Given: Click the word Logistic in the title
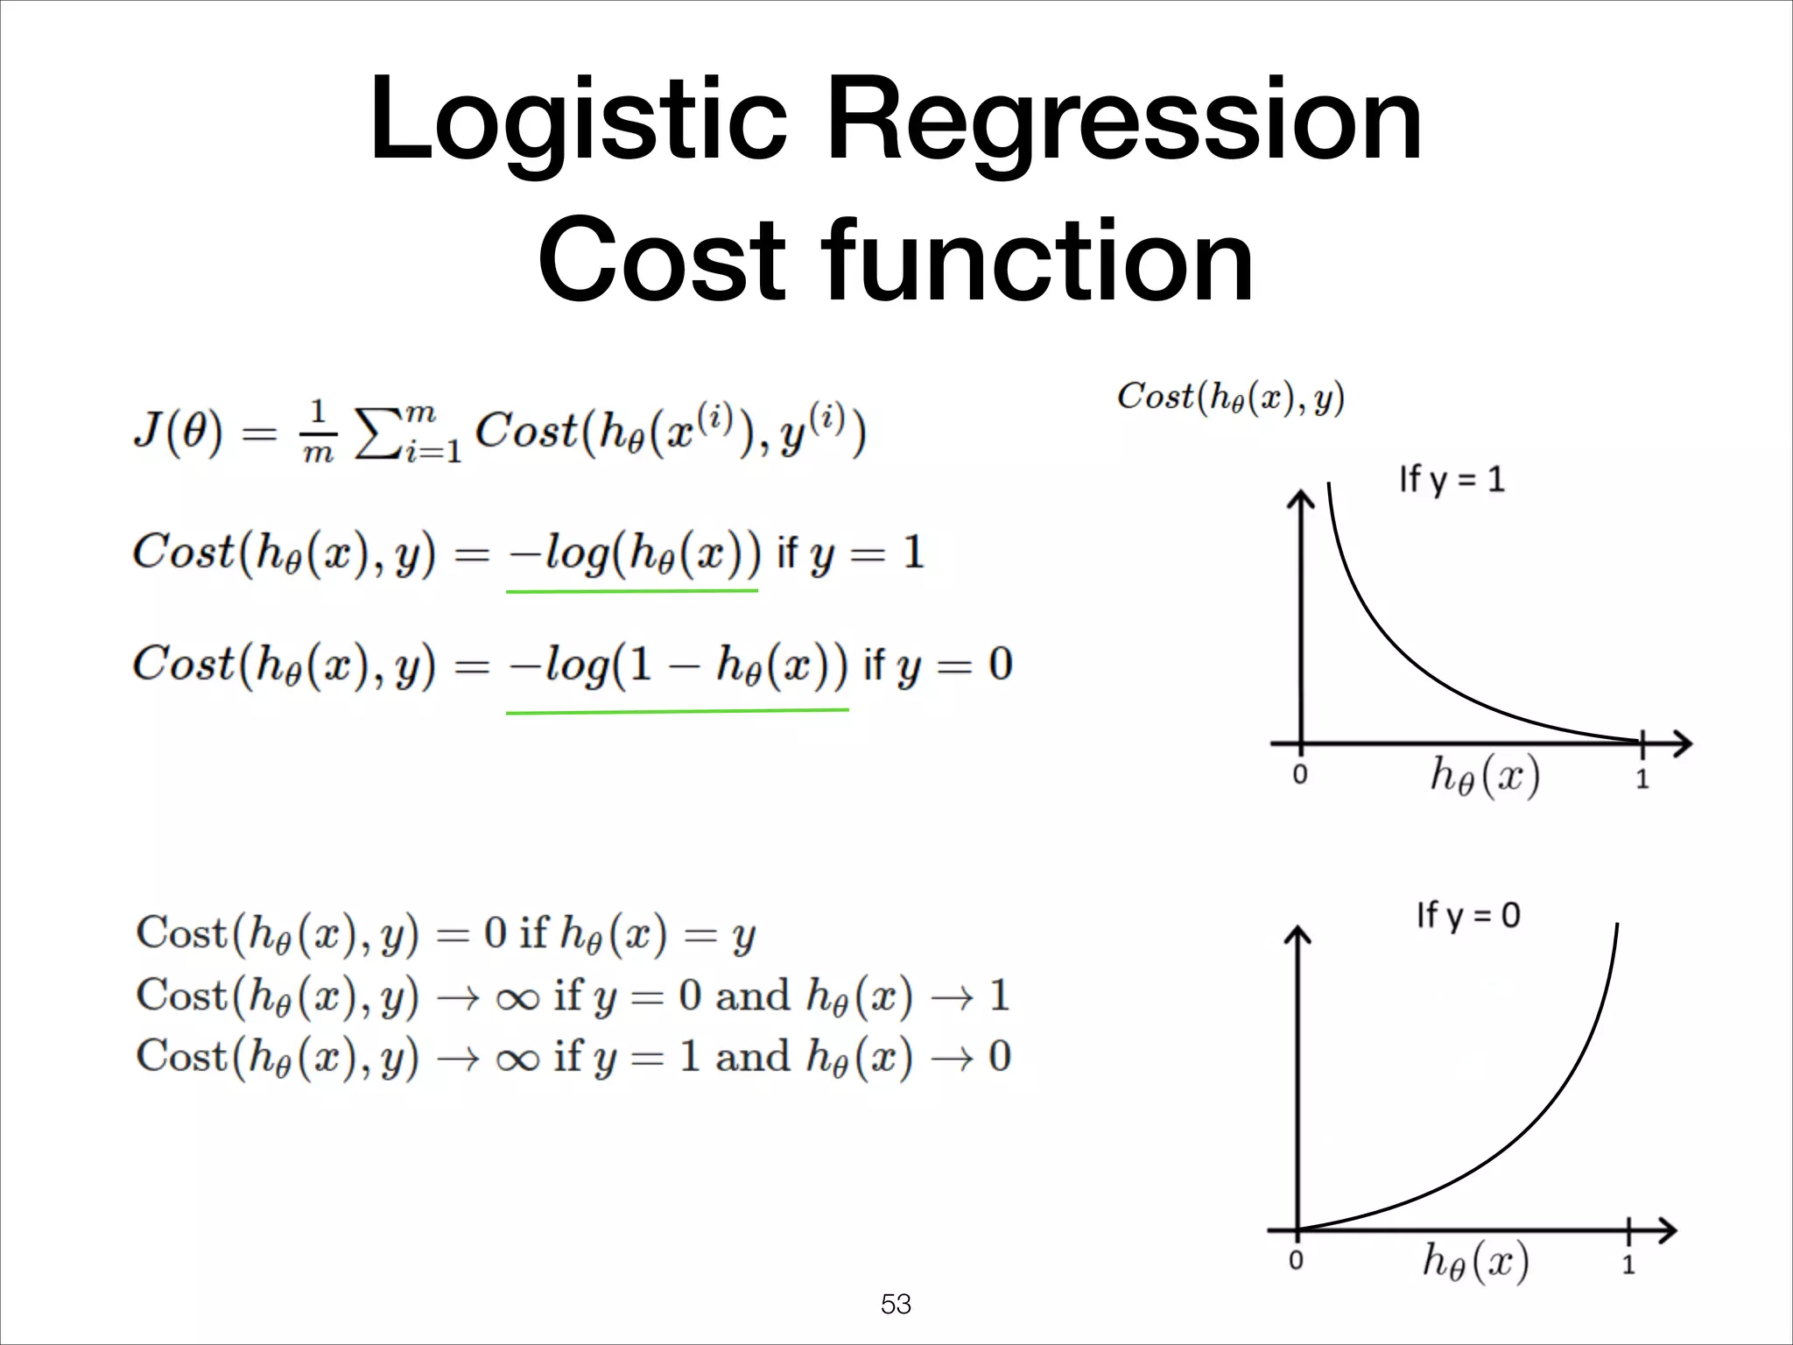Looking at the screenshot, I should tap(578, 121).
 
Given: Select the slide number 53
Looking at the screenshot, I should tap(896, 1304).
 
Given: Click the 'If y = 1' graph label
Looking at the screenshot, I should tap(1452, 480).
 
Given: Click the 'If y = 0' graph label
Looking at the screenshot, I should tap(1468, 916).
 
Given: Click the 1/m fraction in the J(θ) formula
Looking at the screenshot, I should tap(318, 432).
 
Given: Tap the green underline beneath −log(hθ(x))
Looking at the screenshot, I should tap(631, 592).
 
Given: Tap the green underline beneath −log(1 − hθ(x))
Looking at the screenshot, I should tap(677, 711).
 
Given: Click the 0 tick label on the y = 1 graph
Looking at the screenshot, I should tap(1300, 775).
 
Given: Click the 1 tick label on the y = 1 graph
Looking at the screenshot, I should tap(1642, 778).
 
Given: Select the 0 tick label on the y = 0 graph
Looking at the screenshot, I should tap(1297, 1261).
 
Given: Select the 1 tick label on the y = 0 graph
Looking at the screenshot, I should tap(1628, 1264).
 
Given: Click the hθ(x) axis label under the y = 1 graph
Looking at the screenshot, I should tap(1485, 776).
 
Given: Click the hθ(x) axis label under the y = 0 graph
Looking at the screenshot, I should tap(1476, 1262).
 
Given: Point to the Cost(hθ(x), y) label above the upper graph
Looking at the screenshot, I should tap(1230, 398).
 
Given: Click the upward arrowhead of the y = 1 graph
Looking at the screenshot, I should tap(1301, 499).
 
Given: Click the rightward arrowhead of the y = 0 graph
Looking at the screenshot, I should tap(1668, 1230).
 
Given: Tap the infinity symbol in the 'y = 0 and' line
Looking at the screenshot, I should tap(517, 998).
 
